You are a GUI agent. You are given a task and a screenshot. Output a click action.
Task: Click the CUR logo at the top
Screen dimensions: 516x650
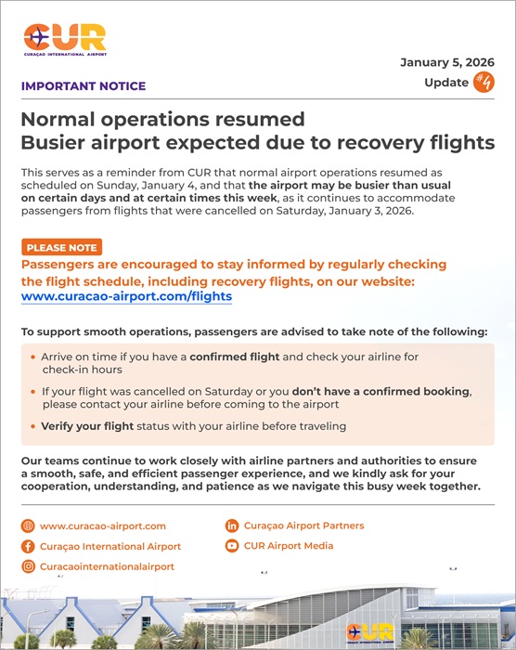65,40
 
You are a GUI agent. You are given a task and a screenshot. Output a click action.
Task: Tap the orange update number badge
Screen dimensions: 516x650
484,82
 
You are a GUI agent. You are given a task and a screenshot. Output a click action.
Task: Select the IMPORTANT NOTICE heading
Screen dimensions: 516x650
83,86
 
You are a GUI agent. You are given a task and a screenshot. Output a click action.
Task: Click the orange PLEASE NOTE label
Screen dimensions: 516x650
60,248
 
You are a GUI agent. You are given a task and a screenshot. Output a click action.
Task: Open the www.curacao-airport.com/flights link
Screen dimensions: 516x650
126,297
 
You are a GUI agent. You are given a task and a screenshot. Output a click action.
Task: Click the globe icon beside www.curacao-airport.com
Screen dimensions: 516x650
27,526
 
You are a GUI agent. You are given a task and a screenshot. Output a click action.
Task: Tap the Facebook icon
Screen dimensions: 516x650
27,546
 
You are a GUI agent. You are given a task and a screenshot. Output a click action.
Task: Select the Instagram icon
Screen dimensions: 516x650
27,566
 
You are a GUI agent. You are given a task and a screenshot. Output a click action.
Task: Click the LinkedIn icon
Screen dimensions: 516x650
232,526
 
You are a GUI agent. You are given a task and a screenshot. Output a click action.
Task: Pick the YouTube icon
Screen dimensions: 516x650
232,546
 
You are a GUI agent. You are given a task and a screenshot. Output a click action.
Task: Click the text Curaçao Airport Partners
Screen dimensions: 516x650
303,526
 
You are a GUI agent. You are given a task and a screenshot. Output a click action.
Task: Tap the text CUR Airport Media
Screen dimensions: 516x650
289,546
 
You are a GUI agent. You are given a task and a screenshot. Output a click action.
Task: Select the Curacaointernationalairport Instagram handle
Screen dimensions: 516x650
107,566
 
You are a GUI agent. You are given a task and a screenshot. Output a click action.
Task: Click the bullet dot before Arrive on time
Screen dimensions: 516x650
33,356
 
